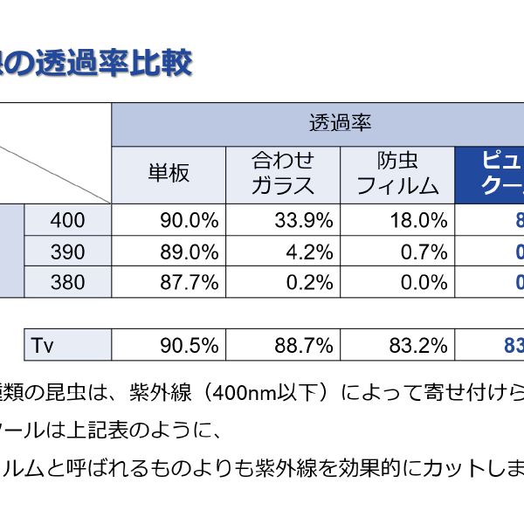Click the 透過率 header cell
[x=340, y=123]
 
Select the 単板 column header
[x=168, y=173]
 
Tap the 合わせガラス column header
[x=282, y=173]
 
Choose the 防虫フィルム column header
[x=397, y=173]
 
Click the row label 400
[x=68, y=220]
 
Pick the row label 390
[x=68, y=252]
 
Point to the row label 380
[x=68, y=282]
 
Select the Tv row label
[x=68, y=345]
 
